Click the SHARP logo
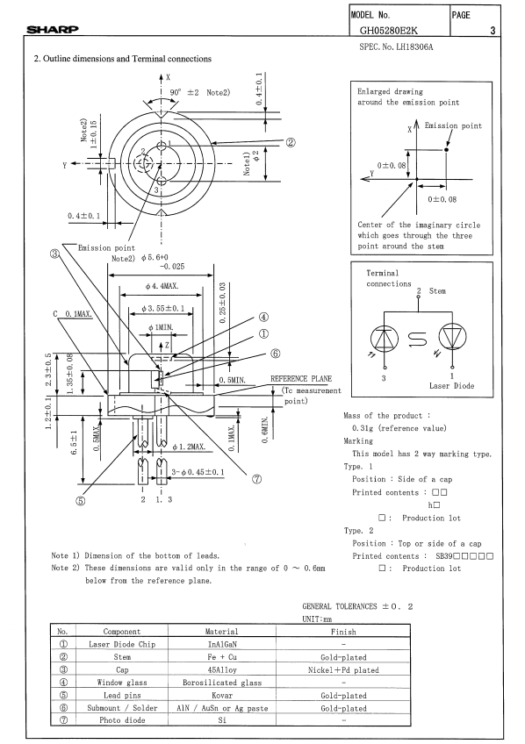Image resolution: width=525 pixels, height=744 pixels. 52,30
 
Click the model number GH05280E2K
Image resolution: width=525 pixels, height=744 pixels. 389,31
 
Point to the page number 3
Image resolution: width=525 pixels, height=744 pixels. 493,31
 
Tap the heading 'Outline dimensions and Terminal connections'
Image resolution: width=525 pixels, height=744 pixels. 127,59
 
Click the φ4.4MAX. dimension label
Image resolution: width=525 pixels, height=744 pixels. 162,286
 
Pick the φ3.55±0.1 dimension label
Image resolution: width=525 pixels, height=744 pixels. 163,309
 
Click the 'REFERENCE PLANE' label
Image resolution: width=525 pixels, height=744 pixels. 301,379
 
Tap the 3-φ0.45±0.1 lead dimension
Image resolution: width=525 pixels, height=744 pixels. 198,472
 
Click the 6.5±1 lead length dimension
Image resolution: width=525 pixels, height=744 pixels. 74,443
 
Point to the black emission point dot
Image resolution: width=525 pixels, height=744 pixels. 446,150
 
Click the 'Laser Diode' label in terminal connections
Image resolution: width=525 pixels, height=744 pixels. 451,386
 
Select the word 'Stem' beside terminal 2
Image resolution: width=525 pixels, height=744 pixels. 437,291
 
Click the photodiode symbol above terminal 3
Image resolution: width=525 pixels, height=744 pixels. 385,340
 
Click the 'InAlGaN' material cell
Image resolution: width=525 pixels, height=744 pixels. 221,644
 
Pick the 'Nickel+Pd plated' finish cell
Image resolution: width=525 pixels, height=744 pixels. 343,670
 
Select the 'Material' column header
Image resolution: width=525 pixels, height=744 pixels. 221,632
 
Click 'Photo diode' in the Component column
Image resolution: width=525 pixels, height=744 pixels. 122,719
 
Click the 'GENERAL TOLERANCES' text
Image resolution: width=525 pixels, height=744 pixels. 340,606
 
